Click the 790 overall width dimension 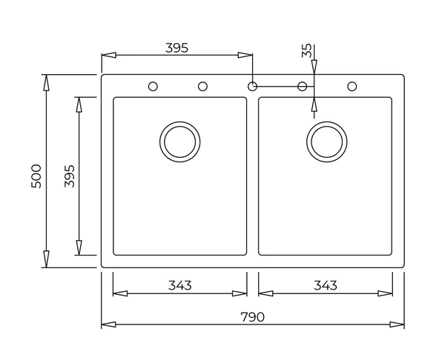252,317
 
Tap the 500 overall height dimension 36,176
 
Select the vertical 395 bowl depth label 70,176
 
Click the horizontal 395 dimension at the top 176,48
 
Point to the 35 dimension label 306,50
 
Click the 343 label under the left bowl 180,285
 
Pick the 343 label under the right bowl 326,285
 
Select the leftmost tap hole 153,87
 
